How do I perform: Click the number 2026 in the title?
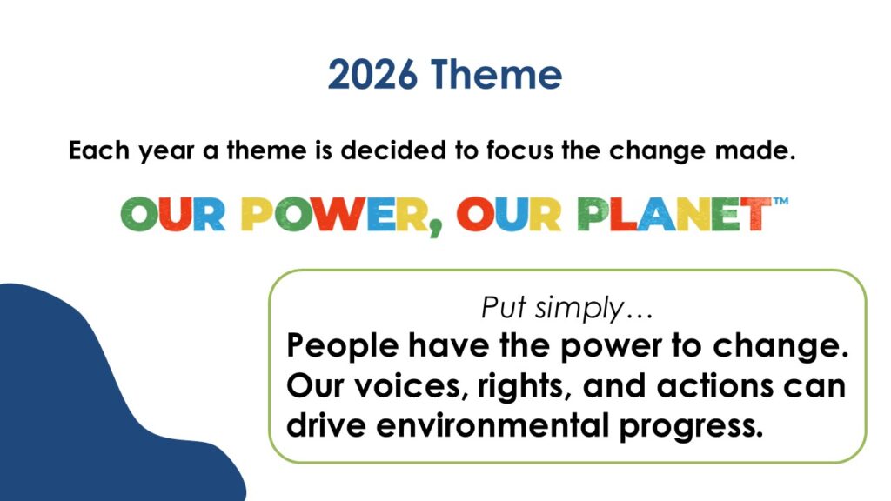[372, 75]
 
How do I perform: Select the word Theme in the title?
[496, 74]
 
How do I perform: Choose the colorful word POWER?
[334, 215]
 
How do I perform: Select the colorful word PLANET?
[674, 214]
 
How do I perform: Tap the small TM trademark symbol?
[780, 201]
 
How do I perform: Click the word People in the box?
[342, 346]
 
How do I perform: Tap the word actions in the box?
[715, 386]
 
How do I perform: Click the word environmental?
[492, 425]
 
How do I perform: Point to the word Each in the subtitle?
[99, 150]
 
